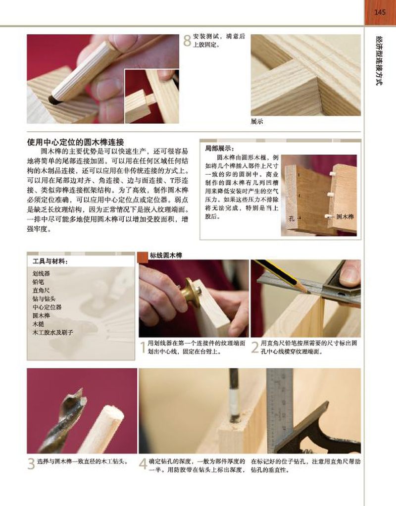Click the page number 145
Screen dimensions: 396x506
point(380,12)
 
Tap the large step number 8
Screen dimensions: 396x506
point(187,41)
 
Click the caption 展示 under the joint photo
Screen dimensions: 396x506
point(257,122)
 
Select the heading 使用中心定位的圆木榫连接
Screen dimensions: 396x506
point(76,142)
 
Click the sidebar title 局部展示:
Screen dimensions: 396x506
point(220,149)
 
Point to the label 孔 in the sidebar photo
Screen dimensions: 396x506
point(292,218)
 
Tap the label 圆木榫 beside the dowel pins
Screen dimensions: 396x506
point(345,216)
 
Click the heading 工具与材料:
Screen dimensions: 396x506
point(50,261)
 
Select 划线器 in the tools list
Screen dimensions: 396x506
point(41,274)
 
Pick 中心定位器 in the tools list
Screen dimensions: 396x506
point(47,307)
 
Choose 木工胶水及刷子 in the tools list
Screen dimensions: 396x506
point(52,332)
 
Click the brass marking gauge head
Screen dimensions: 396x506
point(189,294)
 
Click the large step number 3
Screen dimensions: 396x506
point(31,464)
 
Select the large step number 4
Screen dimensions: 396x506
point(143,464)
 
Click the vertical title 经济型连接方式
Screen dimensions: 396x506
point(380,60)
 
